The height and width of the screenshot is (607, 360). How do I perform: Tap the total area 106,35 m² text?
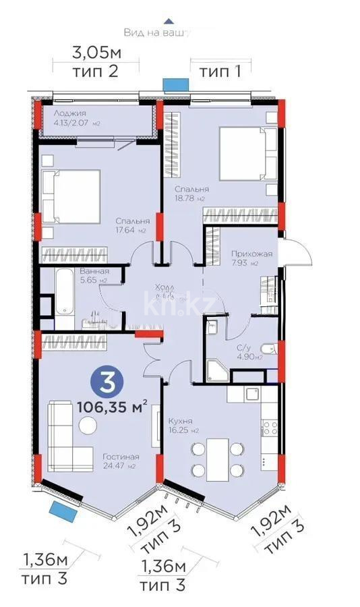pos(112,407)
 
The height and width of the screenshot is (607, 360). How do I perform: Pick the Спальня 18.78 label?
pos(191,194)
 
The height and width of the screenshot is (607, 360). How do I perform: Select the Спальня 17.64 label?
pos(132,225)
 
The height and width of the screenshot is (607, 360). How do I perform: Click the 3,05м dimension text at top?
pos(95,51)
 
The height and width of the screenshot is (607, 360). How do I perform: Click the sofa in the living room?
pos(67,435)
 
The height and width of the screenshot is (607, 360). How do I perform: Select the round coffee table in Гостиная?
pos(88,425)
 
